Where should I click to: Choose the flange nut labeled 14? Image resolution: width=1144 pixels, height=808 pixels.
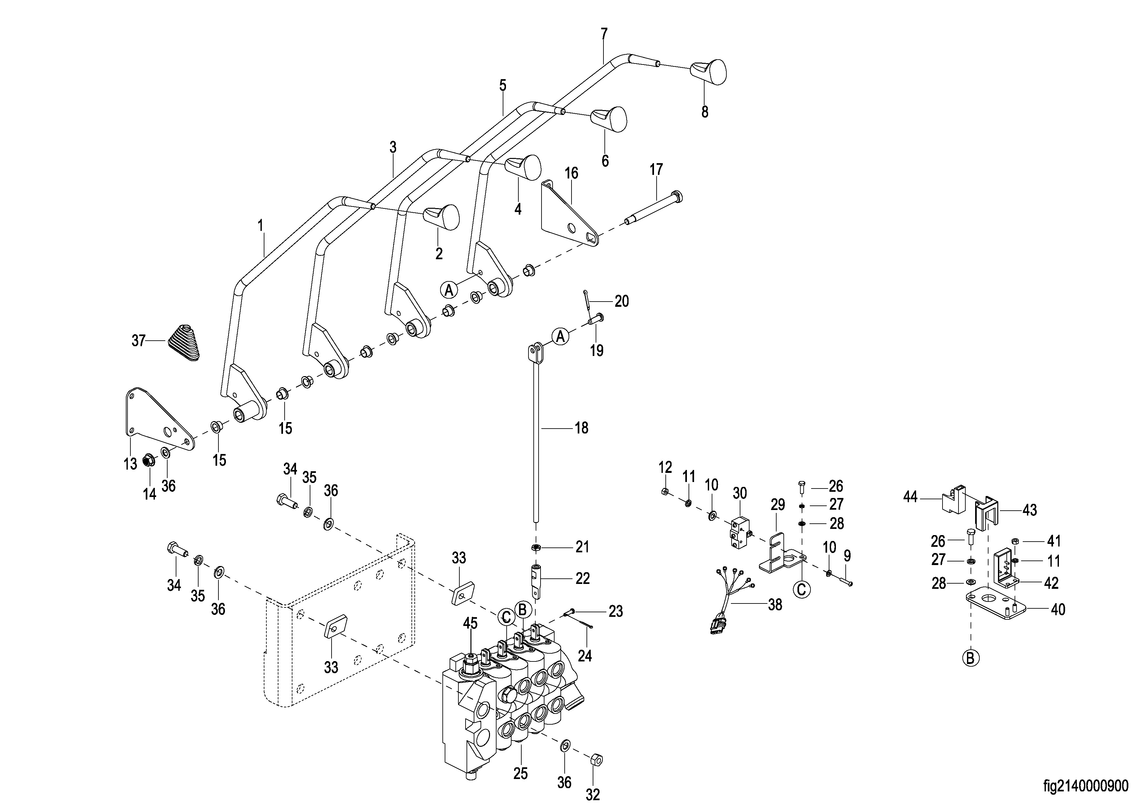[148, 461]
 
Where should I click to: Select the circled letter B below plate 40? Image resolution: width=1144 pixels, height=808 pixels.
[970, 659]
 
